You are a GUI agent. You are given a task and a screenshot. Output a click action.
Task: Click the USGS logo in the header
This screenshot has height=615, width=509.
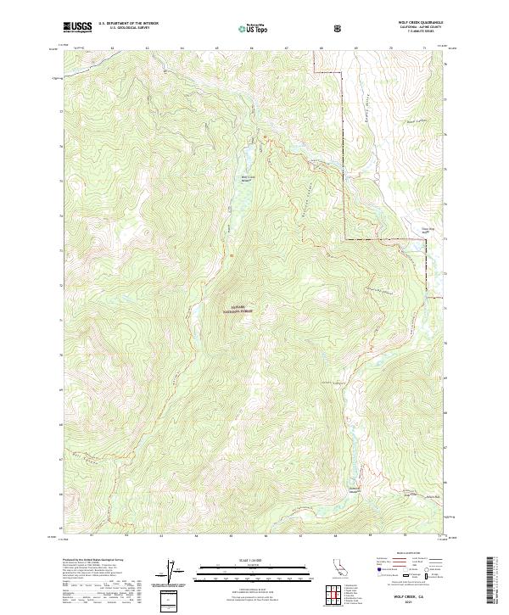(x=77, y=27)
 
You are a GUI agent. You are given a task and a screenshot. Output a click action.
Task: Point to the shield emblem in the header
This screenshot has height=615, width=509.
(x=339, y=28)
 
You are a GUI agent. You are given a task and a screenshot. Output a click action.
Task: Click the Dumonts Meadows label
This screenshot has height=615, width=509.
(x=355, y=489)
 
